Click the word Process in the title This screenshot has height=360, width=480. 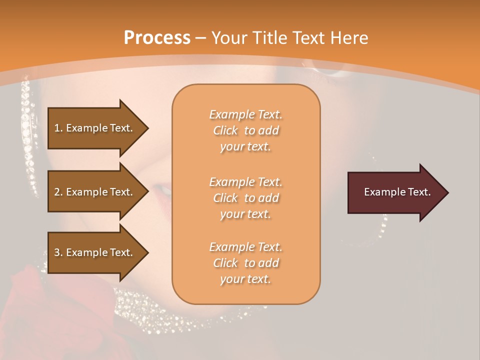coord(157,38)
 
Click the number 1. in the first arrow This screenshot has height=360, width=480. coord(58,128)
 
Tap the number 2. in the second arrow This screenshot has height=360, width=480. coord(58,192)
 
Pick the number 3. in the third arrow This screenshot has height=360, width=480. coord(58,252)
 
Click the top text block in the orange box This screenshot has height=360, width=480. coord(245,130)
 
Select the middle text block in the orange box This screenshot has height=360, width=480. coord(245,198)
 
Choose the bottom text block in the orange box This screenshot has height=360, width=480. coord(245,263)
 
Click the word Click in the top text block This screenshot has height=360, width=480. coord(225,130)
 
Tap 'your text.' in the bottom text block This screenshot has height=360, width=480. coord(245,279)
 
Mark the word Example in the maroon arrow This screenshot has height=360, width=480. coord(381,192)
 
